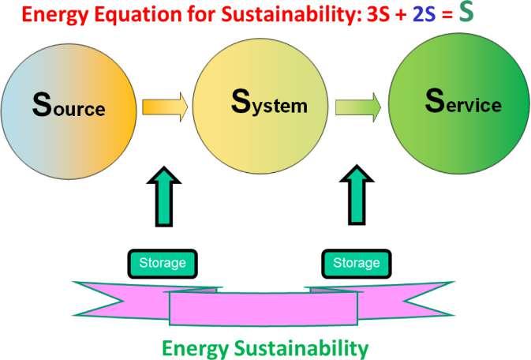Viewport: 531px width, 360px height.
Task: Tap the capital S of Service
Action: (x=432, y=102)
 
